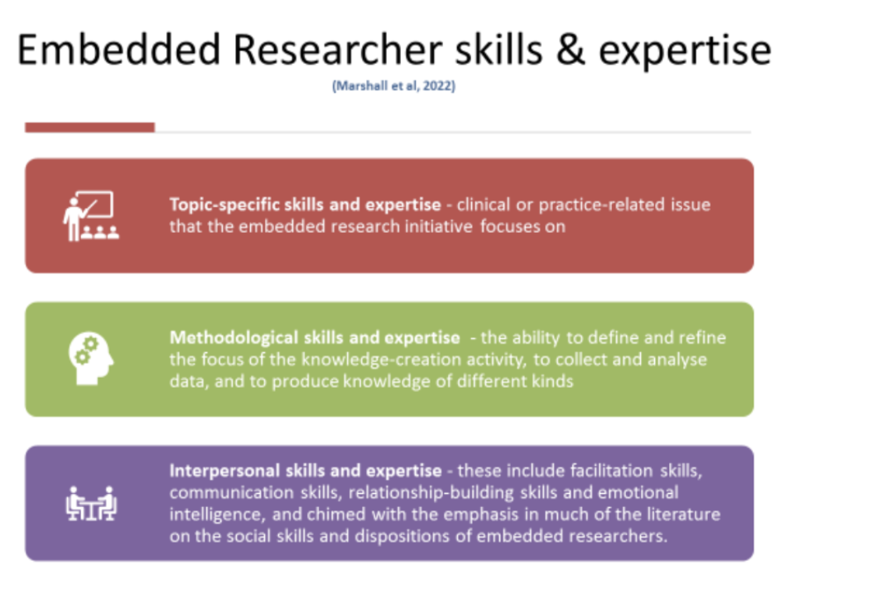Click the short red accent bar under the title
tap(89, 127)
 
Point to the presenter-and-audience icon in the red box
tap(90, 215)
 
